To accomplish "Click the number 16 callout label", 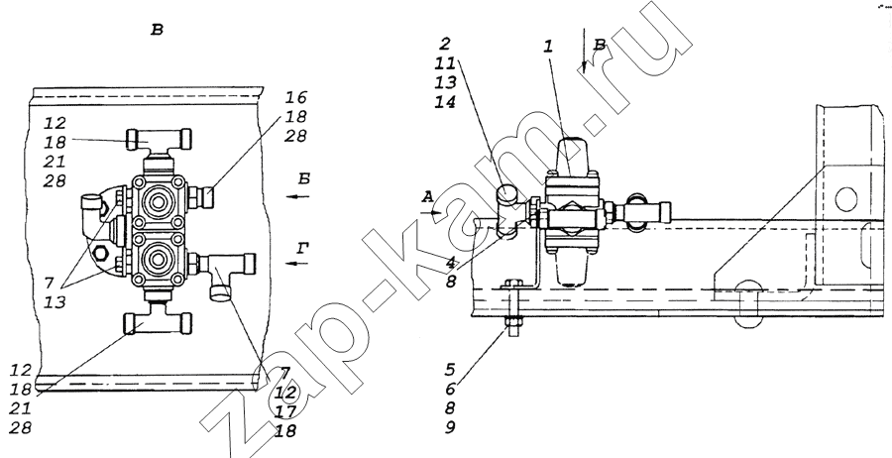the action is [296, 95].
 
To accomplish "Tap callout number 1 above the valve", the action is [548, 46].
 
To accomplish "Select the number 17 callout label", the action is [285, 411].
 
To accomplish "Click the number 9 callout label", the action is [451, 427].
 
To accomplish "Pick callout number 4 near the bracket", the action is [451, 264].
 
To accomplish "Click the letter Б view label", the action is [304, 178].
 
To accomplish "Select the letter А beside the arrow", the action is [428, 197].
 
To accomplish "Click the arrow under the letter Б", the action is [297, 197].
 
